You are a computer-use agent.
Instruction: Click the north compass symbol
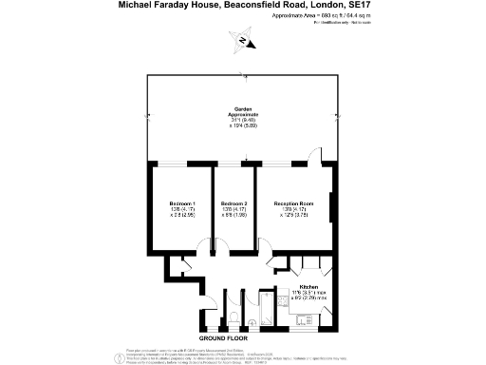coord(246,40)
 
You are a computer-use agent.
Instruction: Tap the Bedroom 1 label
coord(182,204)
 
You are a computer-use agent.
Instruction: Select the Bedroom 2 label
coord(234,204)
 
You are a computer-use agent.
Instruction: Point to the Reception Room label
coord(293,204)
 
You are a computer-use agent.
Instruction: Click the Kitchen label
coord(308,286)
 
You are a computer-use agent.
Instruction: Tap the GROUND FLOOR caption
coord(223,338)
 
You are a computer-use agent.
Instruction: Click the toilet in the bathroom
coord(234,317)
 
